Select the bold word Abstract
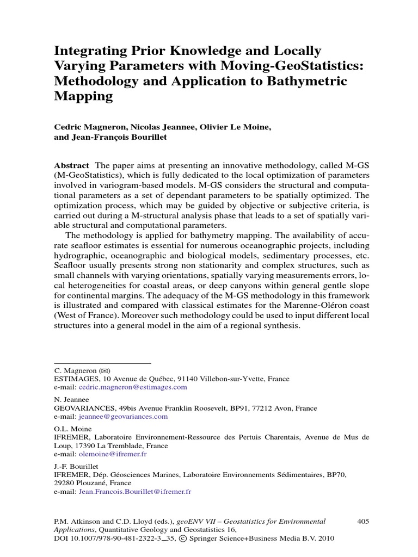coord(72,165)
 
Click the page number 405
coord(363,521)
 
